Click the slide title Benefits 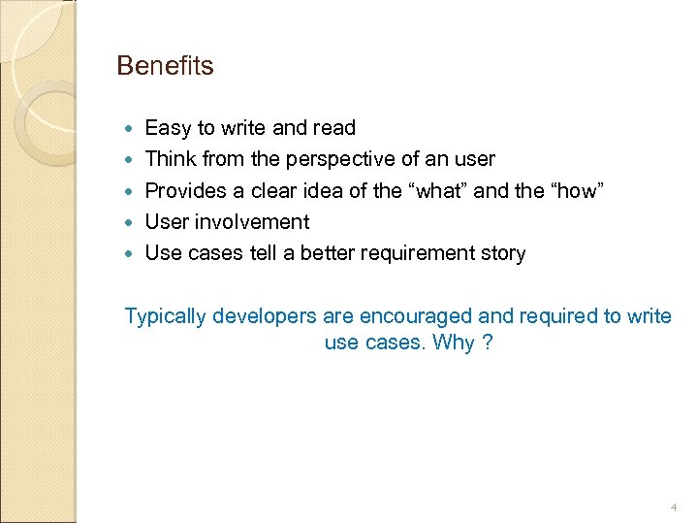(x=165, y=66)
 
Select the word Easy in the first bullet (x=167, y=128)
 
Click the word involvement (x=254, y=222)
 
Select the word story (x=501, y=253)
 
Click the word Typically (x=166, y=316)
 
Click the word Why (x=454, y=343)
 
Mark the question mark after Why (x=488, y=343)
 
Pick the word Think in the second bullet (x=169, y=159)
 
